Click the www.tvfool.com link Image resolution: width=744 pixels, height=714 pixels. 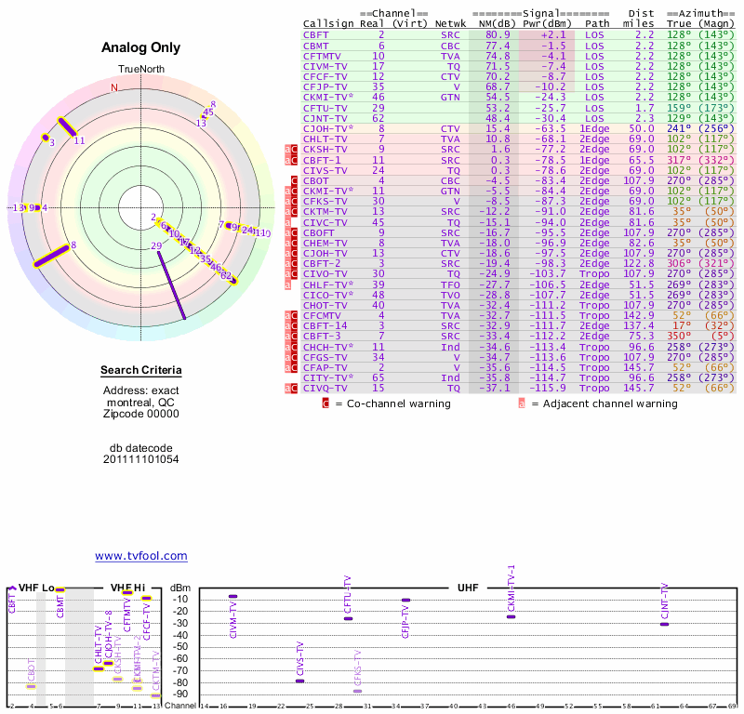(x=141, y=556)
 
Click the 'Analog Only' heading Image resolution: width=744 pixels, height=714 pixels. (x=141, y=48)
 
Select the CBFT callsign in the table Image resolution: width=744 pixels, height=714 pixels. (x=315, y=34)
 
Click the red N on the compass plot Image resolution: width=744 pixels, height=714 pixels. (x=114, y=87)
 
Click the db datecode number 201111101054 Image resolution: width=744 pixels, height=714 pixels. (x=141, y=459)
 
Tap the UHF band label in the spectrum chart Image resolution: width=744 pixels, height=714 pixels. (x=468, y=588)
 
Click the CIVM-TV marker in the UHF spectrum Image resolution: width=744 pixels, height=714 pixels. (x=232, y=596)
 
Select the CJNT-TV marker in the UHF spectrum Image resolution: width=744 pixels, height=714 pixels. (x=664, y=624)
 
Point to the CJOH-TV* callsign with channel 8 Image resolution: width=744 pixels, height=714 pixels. (x=329, y=128)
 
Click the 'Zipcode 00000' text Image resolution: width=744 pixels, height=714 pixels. (x=141, y=414)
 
